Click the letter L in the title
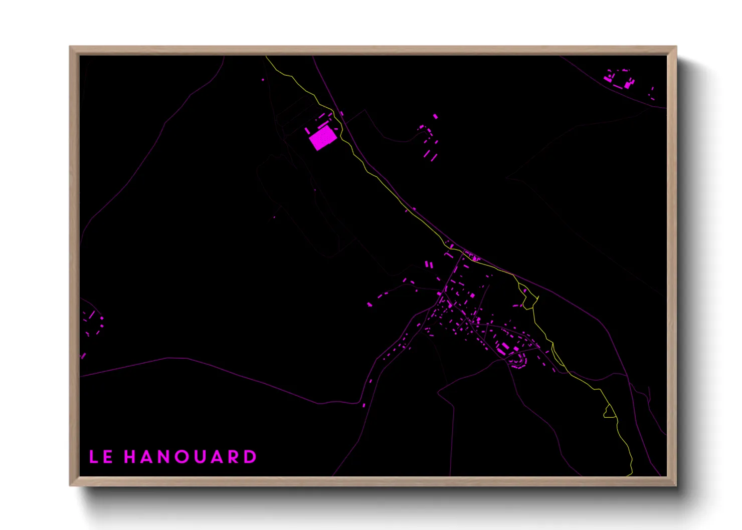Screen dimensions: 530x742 [x=94, y=457]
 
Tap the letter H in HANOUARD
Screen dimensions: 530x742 [x=130, y=457]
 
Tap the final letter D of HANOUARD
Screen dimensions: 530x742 [x=251, y=457]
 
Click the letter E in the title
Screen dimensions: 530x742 [x=108, y=457]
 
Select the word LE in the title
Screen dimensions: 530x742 [x=101, y=457]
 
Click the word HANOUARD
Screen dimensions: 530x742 [x=191, y=457]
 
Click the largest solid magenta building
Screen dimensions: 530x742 [x=322, y=138]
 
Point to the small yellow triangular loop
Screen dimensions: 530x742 [x=610, y=412]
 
